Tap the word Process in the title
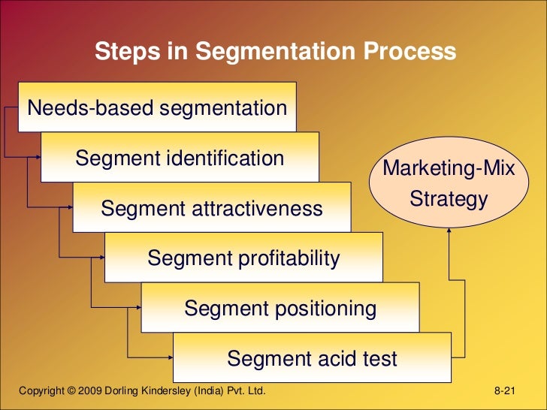[409, 52]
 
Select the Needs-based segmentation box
[157, 108]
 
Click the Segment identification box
[180, 158]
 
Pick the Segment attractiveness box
[211, 208]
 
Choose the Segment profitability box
[243, 258]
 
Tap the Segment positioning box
[280, 308]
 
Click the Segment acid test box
[312, 358]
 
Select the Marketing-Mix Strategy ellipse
[449, 183]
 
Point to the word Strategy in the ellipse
[449, 200]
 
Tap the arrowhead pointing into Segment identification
[37, 158]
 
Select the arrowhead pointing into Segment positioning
[138, 307]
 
